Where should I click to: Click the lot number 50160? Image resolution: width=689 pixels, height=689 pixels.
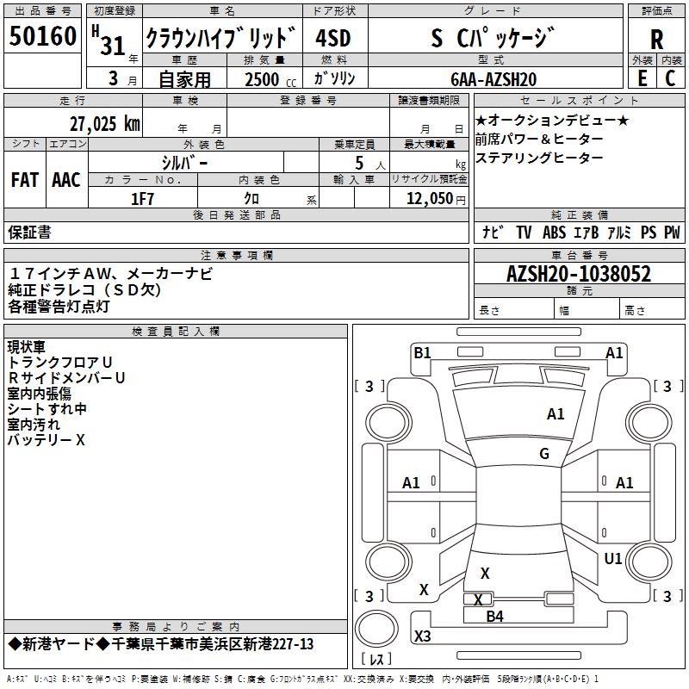click(x=42, y=39)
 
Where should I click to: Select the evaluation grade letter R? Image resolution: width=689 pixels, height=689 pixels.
click(x=656, y=40)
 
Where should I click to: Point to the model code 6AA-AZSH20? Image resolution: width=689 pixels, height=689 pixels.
click(x=493, y=79)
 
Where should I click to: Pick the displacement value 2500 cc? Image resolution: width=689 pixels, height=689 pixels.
click(x=264, y=79)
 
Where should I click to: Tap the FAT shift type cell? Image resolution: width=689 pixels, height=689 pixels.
click(x=25, y=179)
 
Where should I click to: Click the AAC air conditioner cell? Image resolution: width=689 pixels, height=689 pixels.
click(x=66, y=179)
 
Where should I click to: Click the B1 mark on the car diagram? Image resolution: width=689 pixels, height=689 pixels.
click(x=422, y=352)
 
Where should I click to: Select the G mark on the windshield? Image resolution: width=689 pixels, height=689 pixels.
click(x=544, y=454)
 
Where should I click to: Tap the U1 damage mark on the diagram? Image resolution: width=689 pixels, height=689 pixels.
click(x=613, y=559)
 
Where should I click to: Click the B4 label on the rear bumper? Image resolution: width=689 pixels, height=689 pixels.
click(x=494, y=616)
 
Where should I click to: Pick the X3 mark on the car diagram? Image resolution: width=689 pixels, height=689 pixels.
click(x=423, y=636)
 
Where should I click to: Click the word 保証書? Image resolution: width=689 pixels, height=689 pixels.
click(x=29, y=232)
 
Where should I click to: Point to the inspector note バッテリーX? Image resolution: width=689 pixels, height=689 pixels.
click(x=47, y=440)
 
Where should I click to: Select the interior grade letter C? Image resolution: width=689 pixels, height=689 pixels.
click(x=671, y=78)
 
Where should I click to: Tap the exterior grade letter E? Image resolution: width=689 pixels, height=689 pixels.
click(x=642, y=78)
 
